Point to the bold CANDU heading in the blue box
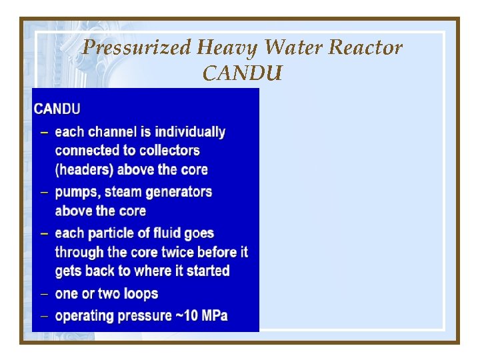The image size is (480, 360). (57, 109)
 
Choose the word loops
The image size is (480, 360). (139, 294)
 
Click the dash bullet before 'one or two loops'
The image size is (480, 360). (43, 294)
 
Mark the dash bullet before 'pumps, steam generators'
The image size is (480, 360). (43, 193)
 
